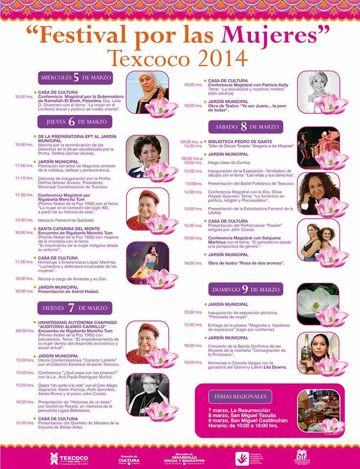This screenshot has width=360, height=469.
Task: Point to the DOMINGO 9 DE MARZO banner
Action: pos(246,289)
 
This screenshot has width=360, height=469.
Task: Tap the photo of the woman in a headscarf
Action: pos(147,91)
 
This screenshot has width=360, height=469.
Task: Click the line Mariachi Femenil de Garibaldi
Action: pos(66,220)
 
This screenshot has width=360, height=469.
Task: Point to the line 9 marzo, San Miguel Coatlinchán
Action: pos(248,420)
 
